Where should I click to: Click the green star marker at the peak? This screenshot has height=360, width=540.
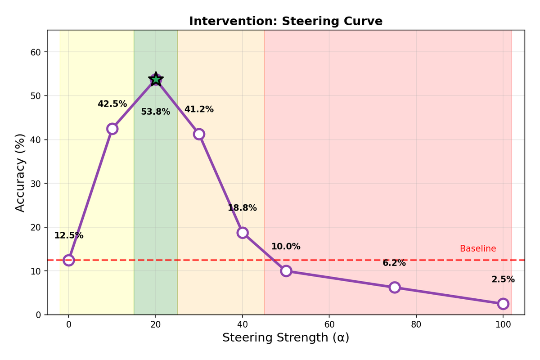point(156,79)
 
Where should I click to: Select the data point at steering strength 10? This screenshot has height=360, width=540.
point(112,129)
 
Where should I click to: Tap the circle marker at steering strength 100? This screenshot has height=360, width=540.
point(503,304)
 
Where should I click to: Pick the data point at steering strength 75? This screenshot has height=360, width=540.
point(395,287)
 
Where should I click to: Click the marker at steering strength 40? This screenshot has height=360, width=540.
point(243,233)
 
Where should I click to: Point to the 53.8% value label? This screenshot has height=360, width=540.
point(156,112)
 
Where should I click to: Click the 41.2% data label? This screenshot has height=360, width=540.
point(199,109)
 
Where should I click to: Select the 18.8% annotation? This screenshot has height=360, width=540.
point(242,208)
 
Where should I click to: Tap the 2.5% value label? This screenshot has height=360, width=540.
point(503,279)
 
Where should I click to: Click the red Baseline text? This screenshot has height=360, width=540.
point(478,249)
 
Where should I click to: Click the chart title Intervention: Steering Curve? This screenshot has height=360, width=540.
point(286,21)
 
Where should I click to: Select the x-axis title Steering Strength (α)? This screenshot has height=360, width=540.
point(286,337)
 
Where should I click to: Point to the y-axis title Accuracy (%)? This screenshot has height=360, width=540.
point(20,172)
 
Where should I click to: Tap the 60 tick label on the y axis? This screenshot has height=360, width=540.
point(36,52)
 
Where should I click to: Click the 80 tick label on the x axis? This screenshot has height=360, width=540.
point(416,324)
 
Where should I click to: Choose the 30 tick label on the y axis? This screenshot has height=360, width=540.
point(36,184)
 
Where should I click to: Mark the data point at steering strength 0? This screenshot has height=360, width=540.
point(68,260)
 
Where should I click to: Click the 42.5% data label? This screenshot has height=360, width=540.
point(112,104)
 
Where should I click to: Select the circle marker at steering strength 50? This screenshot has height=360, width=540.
point(286,271)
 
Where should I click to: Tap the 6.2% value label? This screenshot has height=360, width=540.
point(394,263)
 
